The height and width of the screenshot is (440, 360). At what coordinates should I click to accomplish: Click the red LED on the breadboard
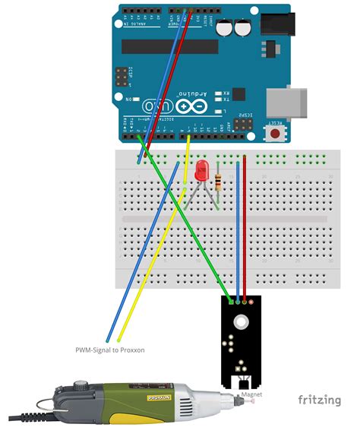tap(201, 170)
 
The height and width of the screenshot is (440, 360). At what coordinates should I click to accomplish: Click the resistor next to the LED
tap(219, 181)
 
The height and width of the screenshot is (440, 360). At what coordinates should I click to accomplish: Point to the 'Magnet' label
tap(251, 395)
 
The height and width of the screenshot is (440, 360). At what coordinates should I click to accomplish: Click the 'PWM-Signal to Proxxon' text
tap(109, 350)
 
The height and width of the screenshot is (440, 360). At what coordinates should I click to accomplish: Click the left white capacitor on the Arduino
tap(226, 27)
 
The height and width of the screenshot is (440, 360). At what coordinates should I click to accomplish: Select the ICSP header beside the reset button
tap(245, 125)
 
